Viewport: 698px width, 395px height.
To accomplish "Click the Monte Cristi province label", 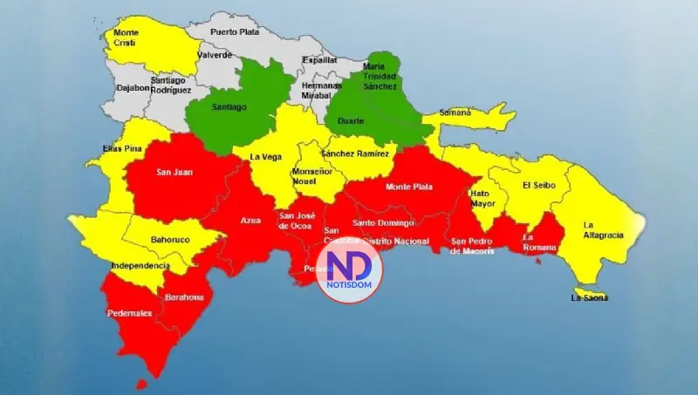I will point(127,38).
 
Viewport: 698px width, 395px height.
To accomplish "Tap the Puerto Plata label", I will point(235,31).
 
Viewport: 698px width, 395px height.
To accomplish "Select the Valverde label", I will point(215,55).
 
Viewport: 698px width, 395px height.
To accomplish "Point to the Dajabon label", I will point(133,88).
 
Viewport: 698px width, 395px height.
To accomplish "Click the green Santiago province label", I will point(229,106).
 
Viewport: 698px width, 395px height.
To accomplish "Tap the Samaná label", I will point(455,112).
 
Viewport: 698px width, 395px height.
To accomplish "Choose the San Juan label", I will point(174,172).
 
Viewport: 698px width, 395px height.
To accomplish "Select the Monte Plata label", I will point(408,187).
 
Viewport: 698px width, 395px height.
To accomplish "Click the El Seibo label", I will point(538,185).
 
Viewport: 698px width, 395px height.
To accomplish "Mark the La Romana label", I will point(534,242).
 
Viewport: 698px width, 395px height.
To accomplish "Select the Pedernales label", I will point(129,313).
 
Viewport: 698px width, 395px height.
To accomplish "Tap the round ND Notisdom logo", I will point(348,271).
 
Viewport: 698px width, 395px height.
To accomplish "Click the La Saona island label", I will point(590,298).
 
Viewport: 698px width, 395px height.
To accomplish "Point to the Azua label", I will point(251,221).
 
